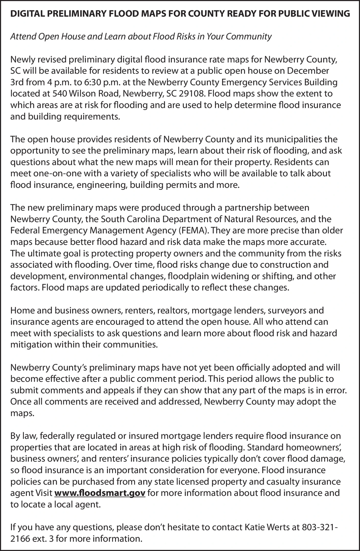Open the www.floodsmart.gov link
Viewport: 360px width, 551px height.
click(100, 493)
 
